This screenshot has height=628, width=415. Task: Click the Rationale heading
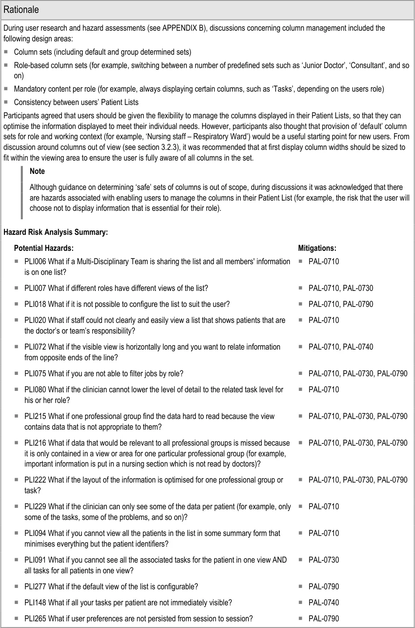click(x=21, y=10)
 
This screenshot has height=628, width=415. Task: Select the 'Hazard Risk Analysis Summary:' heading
click(x=56, y=232)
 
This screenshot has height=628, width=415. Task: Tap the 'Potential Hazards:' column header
click(x=44, y=248)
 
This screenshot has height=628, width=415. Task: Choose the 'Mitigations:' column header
click(x=317, y=248)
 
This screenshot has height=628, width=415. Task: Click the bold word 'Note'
click(x=37, y=171)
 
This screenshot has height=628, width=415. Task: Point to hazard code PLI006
click(x=35, y=262)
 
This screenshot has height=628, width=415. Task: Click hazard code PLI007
click(x=35, y=288)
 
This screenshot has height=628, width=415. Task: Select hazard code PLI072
click(x=35, y=347)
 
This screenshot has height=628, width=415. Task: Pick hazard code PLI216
click(x=35, y=443)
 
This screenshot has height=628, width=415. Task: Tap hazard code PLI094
click(x=35, y=533)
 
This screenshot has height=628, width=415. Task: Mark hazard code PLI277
click(x=35, y=587)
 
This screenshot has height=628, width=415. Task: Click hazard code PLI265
click(x=35, y=619)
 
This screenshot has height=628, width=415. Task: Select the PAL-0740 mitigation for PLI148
click(x=324, y=603)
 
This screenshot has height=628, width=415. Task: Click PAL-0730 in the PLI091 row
click(x=324, y=560)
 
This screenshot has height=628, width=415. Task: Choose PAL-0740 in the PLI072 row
click(x=358, y=347)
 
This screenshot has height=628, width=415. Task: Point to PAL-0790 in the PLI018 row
click(x=358, y=304)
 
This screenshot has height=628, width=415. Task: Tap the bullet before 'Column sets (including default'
click(x=6, y=52)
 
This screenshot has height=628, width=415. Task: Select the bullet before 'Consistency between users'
click(x=6, y=102)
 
